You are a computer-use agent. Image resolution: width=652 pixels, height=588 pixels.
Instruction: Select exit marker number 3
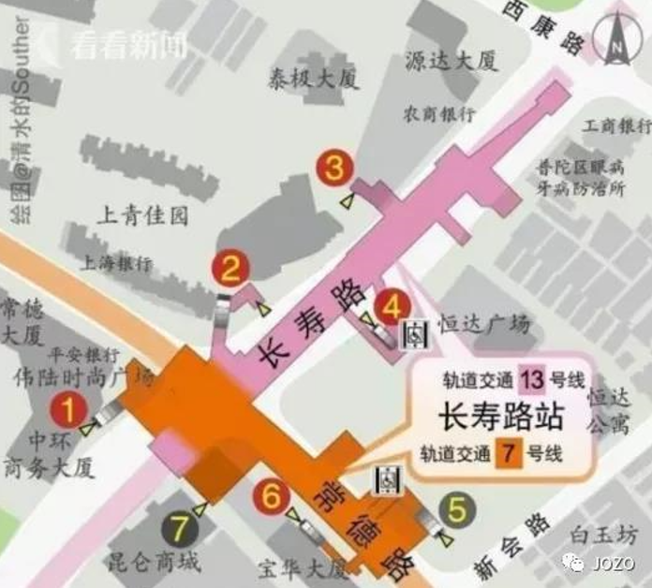[333, 169]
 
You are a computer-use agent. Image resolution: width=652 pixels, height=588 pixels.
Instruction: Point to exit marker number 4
[392, 305]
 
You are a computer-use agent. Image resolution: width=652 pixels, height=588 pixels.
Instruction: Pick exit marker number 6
[272, 495]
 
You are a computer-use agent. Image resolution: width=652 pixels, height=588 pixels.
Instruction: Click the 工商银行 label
[615, 125]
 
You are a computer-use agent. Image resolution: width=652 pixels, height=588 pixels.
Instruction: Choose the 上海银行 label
[117, 263]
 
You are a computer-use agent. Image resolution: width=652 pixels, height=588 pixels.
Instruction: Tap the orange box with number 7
[510, 453]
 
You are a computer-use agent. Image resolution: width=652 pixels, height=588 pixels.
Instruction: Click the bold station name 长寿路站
[494, 416]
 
